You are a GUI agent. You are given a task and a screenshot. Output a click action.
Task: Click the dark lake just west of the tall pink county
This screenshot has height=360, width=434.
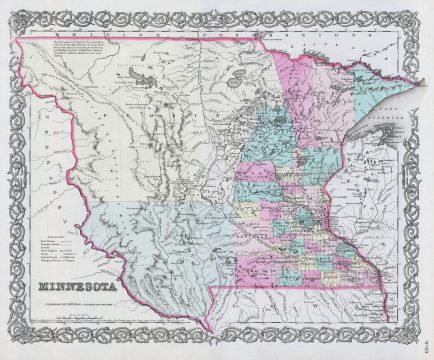pos(238,74)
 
